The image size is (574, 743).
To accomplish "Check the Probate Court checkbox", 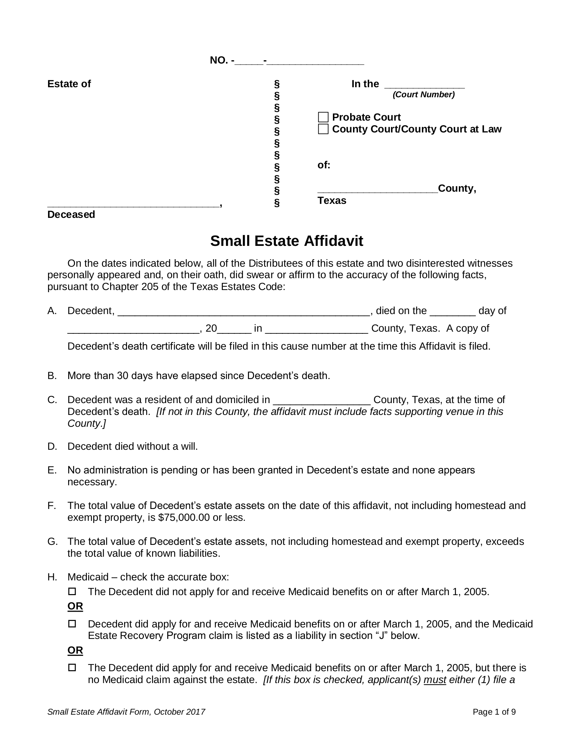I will coord(323,117).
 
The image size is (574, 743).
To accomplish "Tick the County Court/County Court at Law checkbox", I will coord(323,129).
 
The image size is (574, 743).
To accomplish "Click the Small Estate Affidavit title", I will coord(286,241).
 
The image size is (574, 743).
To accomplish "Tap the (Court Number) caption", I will coord(423,95).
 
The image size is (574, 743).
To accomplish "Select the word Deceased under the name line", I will coord(71,215).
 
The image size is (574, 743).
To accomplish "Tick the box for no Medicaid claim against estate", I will coord(72,668).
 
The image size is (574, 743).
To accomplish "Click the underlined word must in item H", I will coord(434,680).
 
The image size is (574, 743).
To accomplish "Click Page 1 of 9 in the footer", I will coord(494,712).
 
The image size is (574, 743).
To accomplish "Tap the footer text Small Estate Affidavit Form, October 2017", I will coord(126,712).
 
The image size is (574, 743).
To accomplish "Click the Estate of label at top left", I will coord(69,84).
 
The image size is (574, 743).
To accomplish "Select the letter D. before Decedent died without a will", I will coord(52,447).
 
